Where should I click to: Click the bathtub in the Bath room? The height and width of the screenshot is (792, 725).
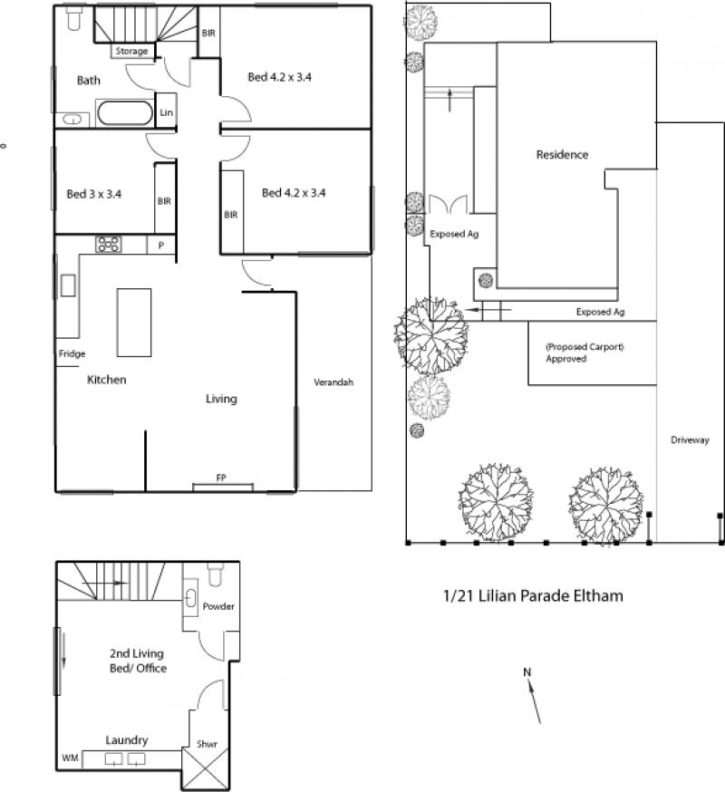pyautogui.click(x=125, y=113)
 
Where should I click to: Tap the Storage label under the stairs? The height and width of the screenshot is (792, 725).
pyautogui.click(x=132, y=51)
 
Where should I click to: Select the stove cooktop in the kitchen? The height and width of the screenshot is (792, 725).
pyautogui.click(x=109, y=245)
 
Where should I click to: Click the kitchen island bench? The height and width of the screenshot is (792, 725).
pyautogui.click(x=134, y=323)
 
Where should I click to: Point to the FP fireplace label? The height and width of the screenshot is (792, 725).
pyautogui.click(x=221, y=478)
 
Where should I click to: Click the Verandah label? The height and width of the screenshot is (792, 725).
pyautogui.click(x=333, y=382)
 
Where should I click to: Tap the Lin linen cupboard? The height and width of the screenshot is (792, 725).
pyautogui.click(x=166, y=111)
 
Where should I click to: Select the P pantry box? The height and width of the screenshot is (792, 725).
pyautogui.click(x=161, y=245)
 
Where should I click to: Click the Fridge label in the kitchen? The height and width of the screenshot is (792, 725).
pyautogui.click(x=72, y=353)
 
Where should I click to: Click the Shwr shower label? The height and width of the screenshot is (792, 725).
pyautogui.click(x=207, y=743)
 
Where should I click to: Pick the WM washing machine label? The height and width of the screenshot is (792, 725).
pyautogui.click(x=70, y=758)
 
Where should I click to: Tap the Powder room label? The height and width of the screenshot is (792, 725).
pyautogui.click(x=218, y=606)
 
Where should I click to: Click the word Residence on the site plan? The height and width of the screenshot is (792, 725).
pyautogui.click(x=562, y=155)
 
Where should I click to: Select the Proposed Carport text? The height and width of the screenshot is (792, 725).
pyautogui.click(x=585, y=347)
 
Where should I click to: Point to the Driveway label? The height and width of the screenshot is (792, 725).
pyautogui.click(x=690, y=439)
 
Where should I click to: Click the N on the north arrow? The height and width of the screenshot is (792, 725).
pyautogui.click(x=527, y=672)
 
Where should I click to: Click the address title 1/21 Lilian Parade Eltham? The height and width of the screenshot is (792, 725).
pyautogui.click(x=533, y=595)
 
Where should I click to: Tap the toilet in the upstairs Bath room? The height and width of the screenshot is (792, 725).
pyautogui.click(x=73, y=19)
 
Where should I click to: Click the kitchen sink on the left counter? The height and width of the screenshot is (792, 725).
pyautogui.click(x=68, y=285)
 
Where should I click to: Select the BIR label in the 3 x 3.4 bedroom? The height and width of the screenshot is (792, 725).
pyautogui.click(x=164, y=201)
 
